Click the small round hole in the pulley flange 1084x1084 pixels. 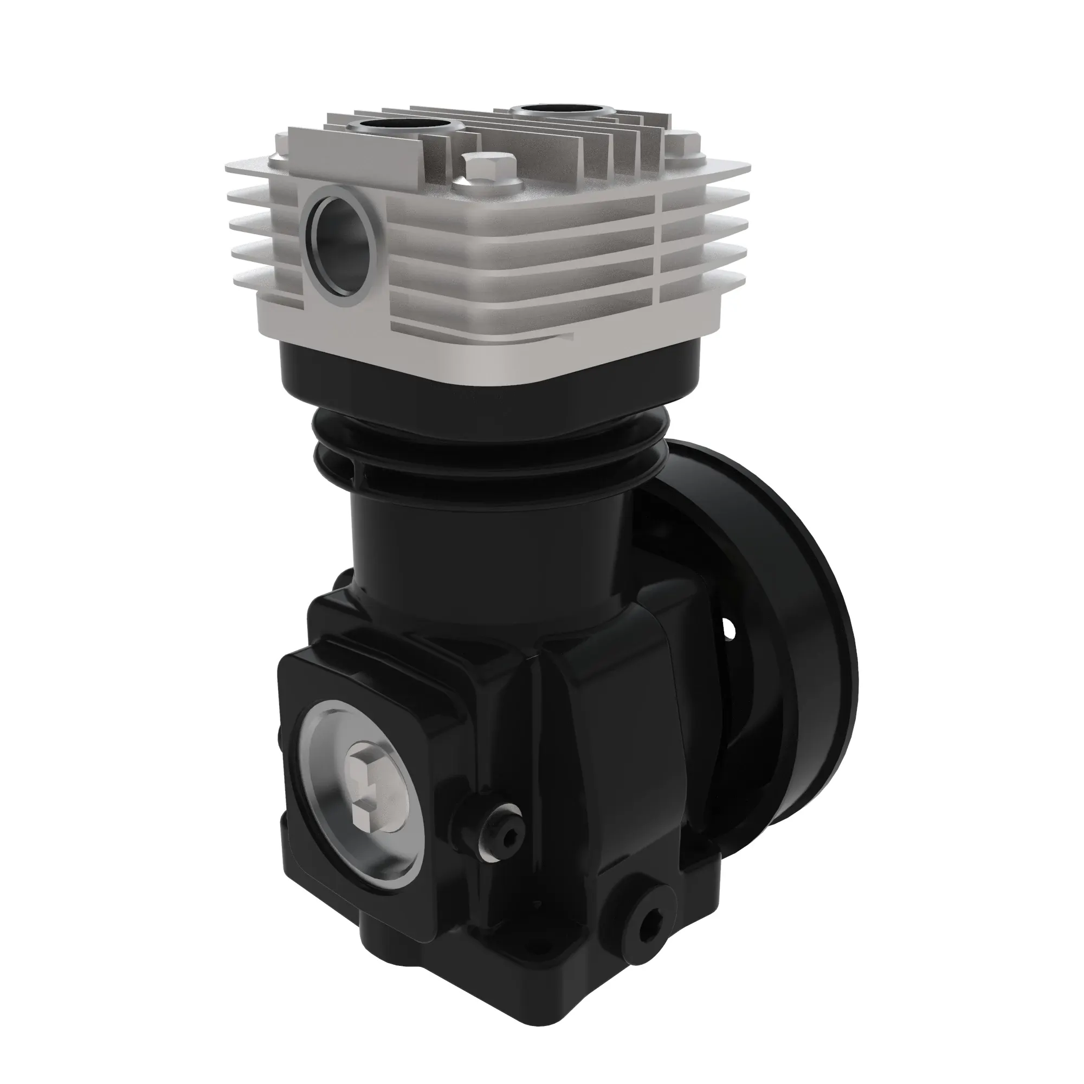pyautogui.click(x=729, y=630)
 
